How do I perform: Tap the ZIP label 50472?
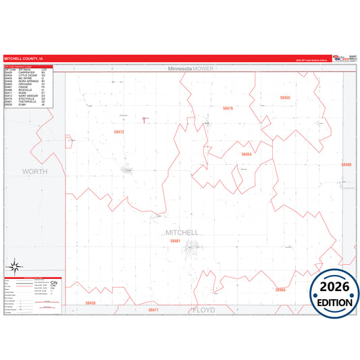click(118, 132)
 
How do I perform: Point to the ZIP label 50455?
click(285, 98)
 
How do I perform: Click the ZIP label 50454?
click(246, 154)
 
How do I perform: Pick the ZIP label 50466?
click(346, 165)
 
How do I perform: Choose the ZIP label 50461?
click(176, 240)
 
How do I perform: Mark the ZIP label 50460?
click(280, 290)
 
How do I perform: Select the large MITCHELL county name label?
click(182, 232)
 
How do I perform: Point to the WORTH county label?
click(35, 172)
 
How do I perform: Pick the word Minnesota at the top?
click(179, 69)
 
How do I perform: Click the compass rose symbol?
click(14, 267)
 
